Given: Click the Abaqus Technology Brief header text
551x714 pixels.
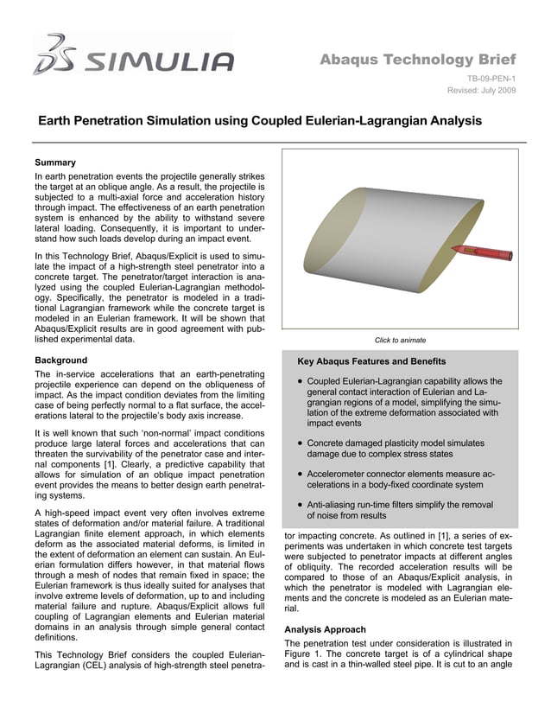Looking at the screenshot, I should tap(418, 60).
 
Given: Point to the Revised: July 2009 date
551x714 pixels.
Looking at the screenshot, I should tap(482, 91).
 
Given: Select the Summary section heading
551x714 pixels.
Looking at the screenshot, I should tap(55, 163).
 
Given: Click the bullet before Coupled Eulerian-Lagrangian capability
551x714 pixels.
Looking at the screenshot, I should tap(298, 381).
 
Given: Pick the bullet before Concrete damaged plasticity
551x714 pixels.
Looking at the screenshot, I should tap(298, 443).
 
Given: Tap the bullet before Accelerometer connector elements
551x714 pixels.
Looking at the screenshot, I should tap(298, 474).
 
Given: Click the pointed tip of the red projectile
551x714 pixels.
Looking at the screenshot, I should tap(451, 249).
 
